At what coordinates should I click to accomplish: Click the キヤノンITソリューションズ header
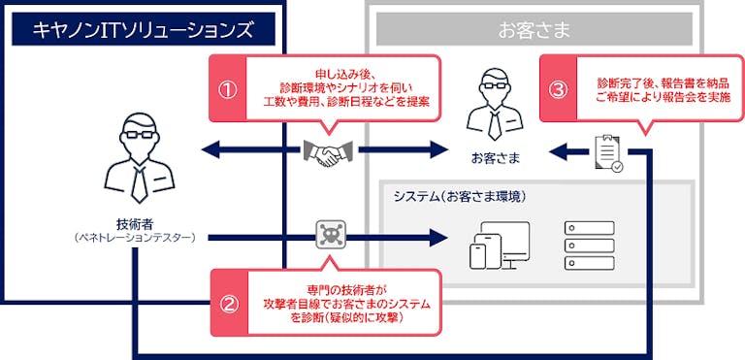(x=143, y=28)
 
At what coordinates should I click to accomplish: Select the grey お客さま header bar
(x=534, y=28)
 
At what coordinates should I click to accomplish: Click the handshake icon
(x=327, y=152)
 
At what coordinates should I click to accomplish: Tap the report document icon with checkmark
(x=608, y=153)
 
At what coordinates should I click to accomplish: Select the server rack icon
(x=589, y=245)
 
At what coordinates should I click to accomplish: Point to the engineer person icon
(x=140, y=158)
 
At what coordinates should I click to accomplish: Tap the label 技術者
(x=136, y=223)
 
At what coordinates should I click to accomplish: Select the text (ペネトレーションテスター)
(x=136, y=238)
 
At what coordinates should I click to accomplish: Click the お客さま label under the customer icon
(x=495, y=158)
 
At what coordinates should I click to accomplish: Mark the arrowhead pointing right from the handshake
(x=438, y=150)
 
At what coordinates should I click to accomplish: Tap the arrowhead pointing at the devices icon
(x=438, y=237)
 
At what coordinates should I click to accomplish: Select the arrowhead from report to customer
(x=559, y=152)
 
